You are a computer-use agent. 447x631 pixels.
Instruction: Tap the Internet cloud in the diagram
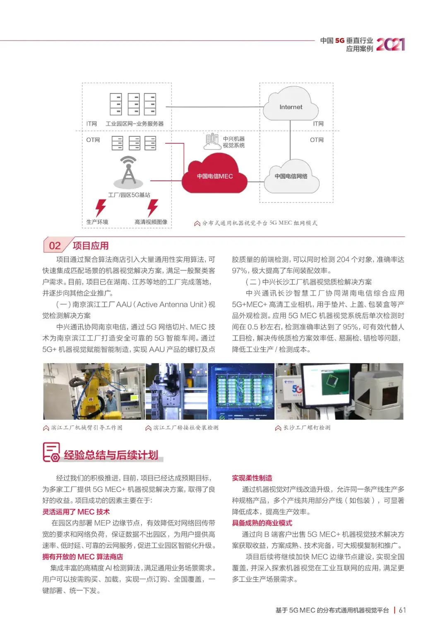click(291, 107)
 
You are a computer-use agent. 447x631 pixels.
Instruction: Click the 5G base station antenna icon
click(128, 171)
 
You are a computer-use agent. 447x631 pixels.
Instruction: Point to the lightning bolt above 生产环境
click(100, 207)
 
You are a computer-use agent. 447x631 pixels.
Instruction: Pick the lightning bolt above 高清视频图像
click(153, 207)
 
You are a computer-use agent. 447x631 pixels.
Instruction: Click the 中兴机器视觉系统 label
click(234, 142)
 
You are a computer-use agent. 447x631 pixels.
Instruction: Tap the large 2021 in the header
click(390, 44)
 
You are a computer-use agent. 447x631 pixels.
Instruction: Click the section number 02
click(55, 246)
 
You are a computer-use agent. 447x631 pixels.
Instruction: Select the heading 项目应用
click(91, 246)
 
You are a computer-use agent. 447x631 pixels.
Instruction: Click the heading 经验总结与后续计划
click(111, 455)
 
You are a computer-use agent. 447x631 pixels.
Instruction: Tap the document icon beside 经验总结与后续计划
click(51, 452)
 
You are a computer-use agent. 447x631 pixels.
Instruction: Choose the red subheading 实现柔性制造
click(252, 478)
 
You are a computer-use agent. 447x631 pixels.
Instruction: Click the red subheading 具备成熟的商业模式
click(262, 523)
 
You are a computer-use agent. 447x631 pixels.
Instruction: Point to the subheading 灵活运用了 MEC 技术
click(76, 512)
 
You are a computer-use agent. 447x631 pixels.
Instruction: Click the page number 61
click(402, 610)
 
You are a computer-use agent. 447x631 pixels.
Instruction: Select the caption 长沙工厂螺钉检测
click(307, 428)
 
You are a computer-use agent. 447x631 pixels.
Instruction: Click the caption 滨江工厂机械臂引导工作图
click(87, 428)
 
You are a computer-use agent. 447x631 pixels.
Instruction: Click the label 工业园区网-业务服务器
click(135, 124)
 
